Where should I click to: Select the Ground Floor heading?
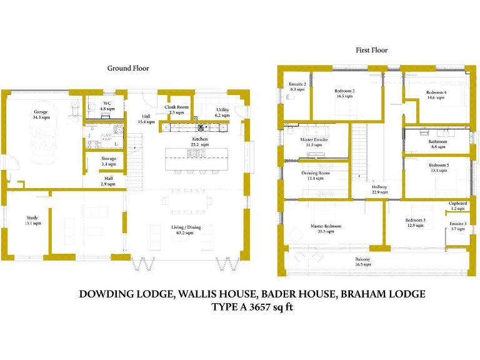click(128, 68)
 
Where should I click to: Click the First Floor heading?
click(371, 50)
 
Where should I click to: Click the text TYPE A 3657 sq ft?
click(252, 307)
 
